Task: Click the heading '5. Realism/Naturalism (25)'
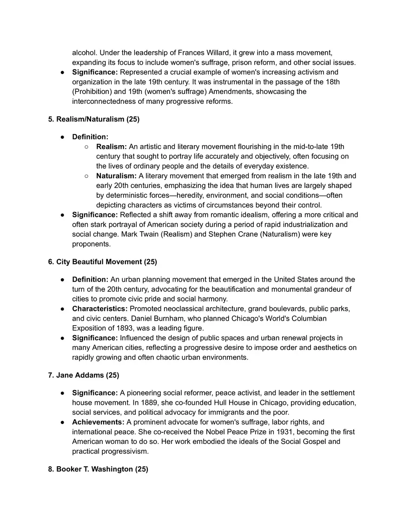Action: (93, 119)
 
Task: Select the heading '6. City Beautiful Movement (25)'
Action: (102, 262)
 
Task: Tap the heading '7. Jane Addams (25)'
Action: (84, 375)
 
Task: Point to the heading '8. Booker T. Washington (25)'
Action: (98, 470)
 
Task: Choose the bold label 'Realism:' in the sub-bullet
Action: (111, 147)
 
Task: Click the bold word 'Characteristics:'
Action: (99, 309)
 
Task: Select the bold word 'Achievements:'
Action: (98, 423)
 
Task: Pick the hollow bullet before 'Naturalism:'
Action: (87, 176)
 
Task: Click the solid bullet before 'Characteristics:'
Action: (62, 309)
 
